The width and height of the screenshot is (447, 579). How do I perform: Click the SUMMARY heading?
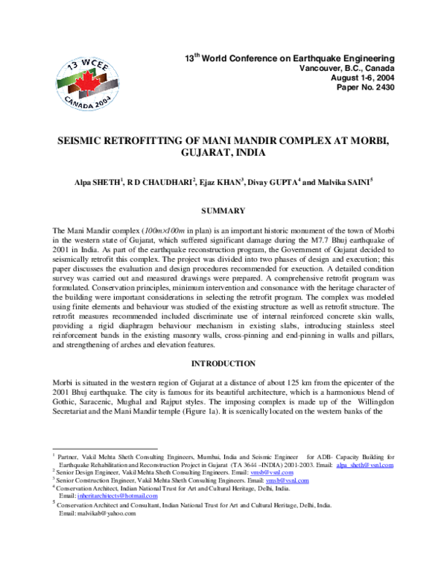click(x=224, y=213)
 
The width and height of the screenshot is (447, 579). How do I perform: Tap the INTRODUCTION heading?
click(x=224, y=364)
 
